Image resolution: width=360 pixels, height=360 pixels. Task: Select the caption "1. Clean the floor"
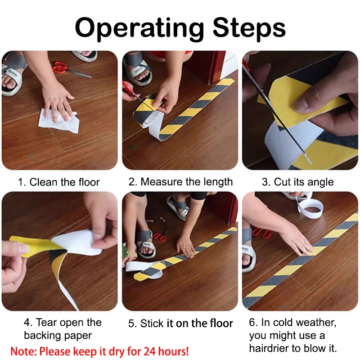click(58, 182)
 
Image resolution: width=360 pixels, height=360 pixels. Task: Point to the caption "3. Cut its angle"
click(298, 182)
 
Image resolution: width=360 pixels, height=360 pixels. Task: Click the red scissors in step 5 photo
click(161, 234)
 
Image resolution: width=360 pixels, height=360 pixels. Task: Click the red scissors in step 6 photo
click(261, 233)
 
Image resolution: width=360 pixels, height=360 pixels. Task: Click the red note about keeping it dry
click(100, 351)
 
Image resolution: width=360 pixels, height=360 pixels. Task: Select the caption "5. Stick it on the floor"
click(180, 323)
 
